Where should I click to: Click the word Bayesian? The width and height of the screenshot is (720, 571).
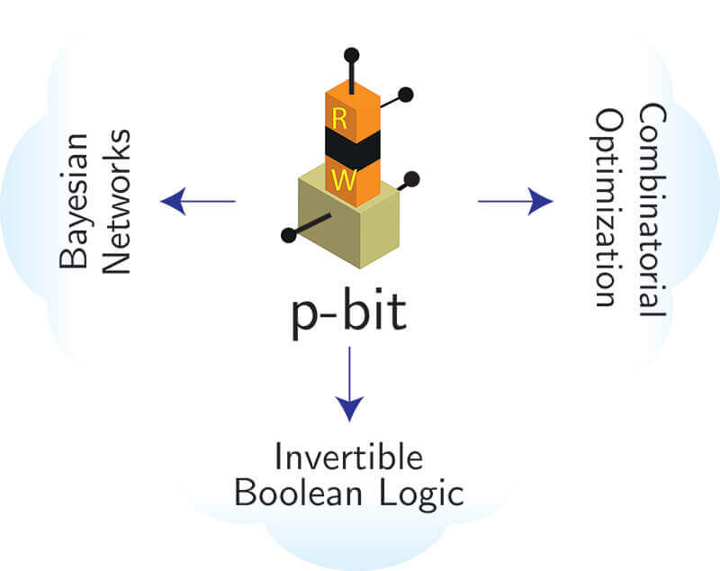pos(75,202)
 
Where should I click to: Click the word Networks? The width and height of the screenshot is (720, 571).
pos(117,202)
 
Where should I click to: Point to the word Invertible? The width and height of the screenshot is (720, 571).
pos(348,458)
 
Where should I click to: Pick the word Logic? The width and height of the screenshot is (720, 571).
pos(419,495)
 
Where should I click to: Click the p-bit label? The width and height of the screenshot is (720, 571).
pos(349,315)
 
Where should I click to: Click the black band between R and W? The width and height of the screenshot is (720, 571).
pos(353,147)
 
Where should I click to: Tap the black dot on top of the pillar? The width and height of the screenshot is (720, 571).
pos(351,55)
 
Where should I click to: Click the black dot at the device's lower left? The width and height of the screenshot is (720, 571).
pos(289,235)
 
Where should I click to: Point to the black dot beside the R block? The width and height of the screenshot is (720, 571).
pos(406,93)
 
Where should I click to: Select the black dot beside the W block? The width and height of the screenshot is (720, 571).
pos(413,177)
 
